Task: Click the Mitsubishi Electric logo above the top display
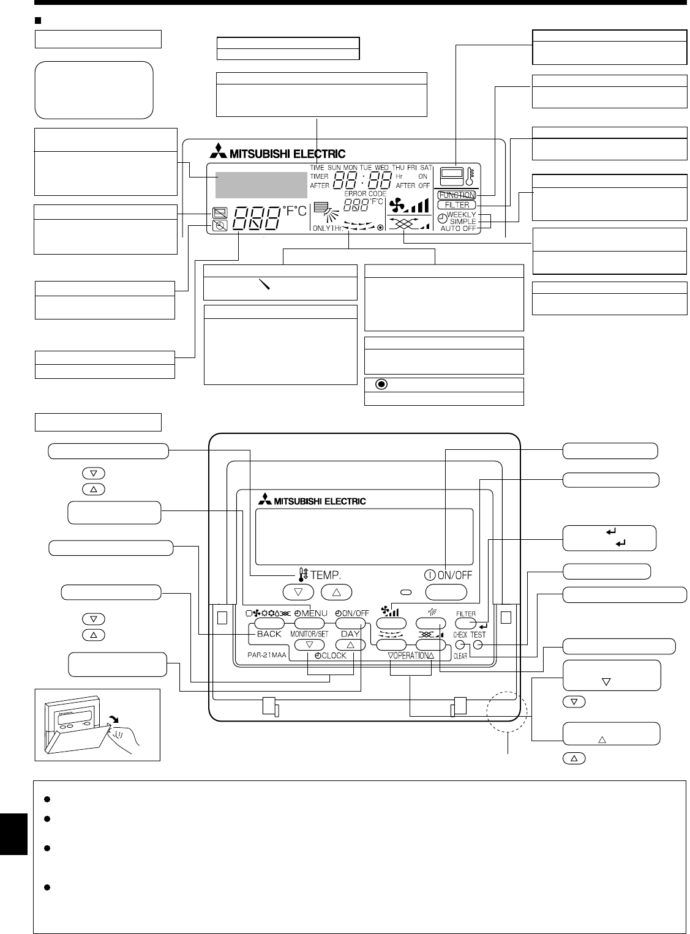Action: coord(276,154)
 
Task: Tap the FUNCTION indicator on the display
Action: coord(457,195)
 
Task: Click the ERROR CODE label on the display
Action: coord(365,193)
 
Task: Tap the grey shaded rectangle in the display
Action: coord(257,185)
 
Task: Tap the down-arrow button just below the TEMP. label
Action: coord(298,592)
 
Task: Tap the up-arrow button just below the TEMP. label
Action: coord(334,592)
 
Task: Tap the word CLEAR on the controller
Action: coord(460,655)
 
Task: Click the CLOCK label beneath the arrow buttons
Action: coord(331,656)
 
